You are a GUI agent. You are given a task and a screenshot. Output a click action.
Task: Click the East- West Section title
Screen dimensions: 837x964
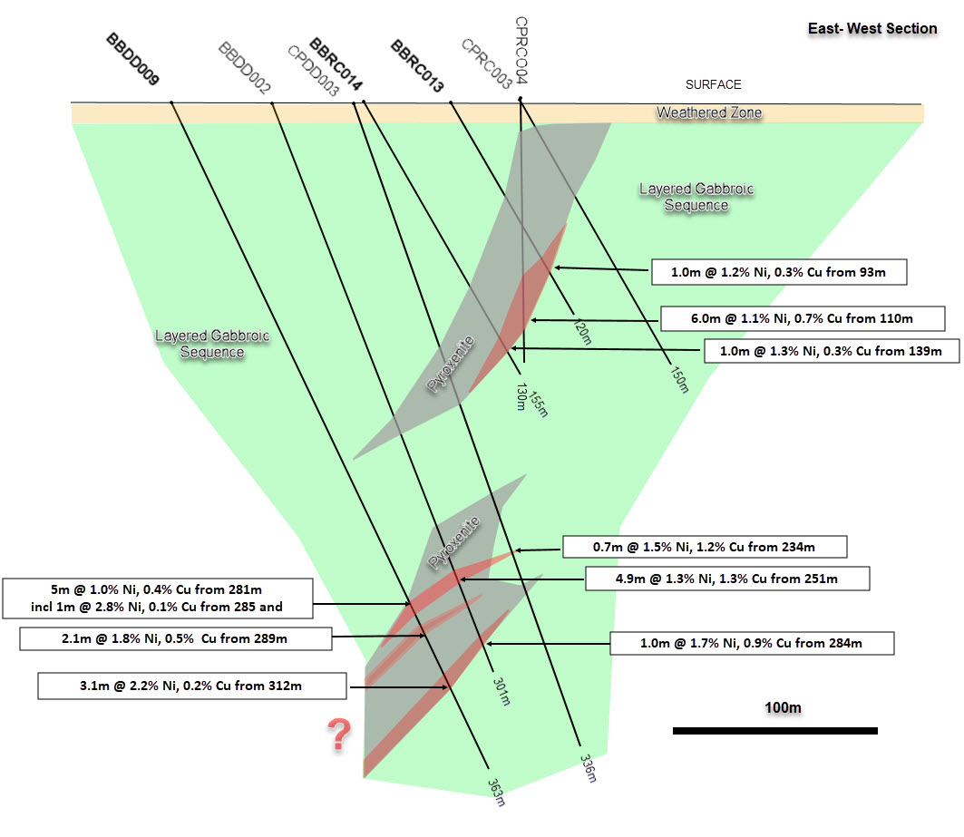(872, 28)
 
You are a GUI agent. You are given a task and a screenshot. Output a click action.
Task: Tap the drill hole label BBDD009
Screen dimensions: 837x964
(133, 60)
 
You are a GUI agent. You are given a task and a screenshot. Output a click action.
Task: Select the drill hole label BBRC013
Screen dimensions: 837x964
(417, 66)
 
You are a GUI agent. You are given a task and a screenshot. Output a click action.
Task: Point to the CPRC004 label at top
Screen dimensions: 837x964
(521, 51)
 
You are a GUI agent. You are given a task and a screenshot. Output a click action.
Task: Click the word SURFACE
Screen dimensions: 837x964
(713, 84)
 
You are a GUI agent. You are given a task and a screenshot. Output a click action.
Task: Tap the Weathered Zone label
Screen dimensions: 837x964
(709, 113)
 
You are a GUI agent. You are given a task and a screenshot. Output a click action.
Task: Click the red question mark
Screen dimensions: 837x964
(340, 735)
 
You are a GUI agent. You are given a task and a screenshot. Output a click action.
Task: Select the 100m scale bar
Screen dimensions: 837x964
(774, 730)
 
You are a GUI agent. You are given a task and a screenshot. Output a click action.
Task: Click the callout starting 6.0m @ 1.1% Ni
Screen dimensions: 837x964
(801, 318)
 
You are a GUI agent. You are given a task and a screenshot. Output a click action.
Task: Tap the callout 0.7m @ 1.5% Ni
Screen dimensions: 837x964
(705, 547)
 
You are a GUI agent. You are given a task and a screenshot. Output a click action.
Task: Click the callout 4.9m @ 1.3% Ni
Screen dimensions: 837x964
(727, 579)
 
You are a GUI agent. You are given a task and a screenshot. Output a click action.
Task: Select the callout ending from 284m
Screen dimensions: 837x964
(753, 644)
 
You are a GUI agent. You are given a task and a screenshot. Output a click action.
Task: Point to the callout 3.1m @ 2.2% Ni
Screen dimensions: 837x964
(192, 686)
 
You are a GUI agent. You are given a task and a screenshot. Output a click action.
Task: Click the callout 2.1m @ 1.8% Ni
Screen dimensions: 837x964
(174, 639)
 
